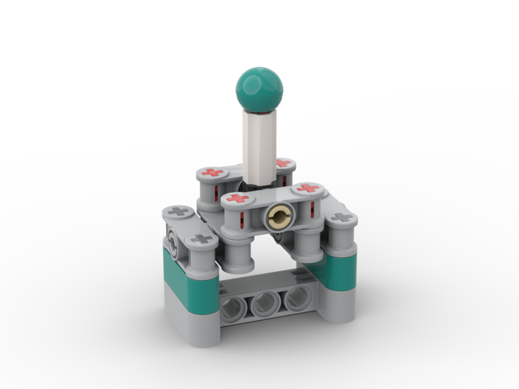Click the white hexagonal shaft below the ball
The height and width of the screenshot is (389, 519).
tap(259, 145)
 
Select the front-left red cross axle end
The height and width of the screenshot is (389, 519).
tap(237, 198)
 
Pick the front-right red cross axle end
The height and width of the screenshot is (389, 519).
tap(308, 188)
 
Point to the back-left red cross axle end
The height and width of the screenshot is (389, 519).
tap(212, 172)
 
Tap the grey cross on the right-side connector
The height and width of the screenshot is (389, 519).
tap(341, 217)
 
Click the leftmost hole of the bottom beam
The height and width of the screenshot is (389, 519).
tap(234, 310)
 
